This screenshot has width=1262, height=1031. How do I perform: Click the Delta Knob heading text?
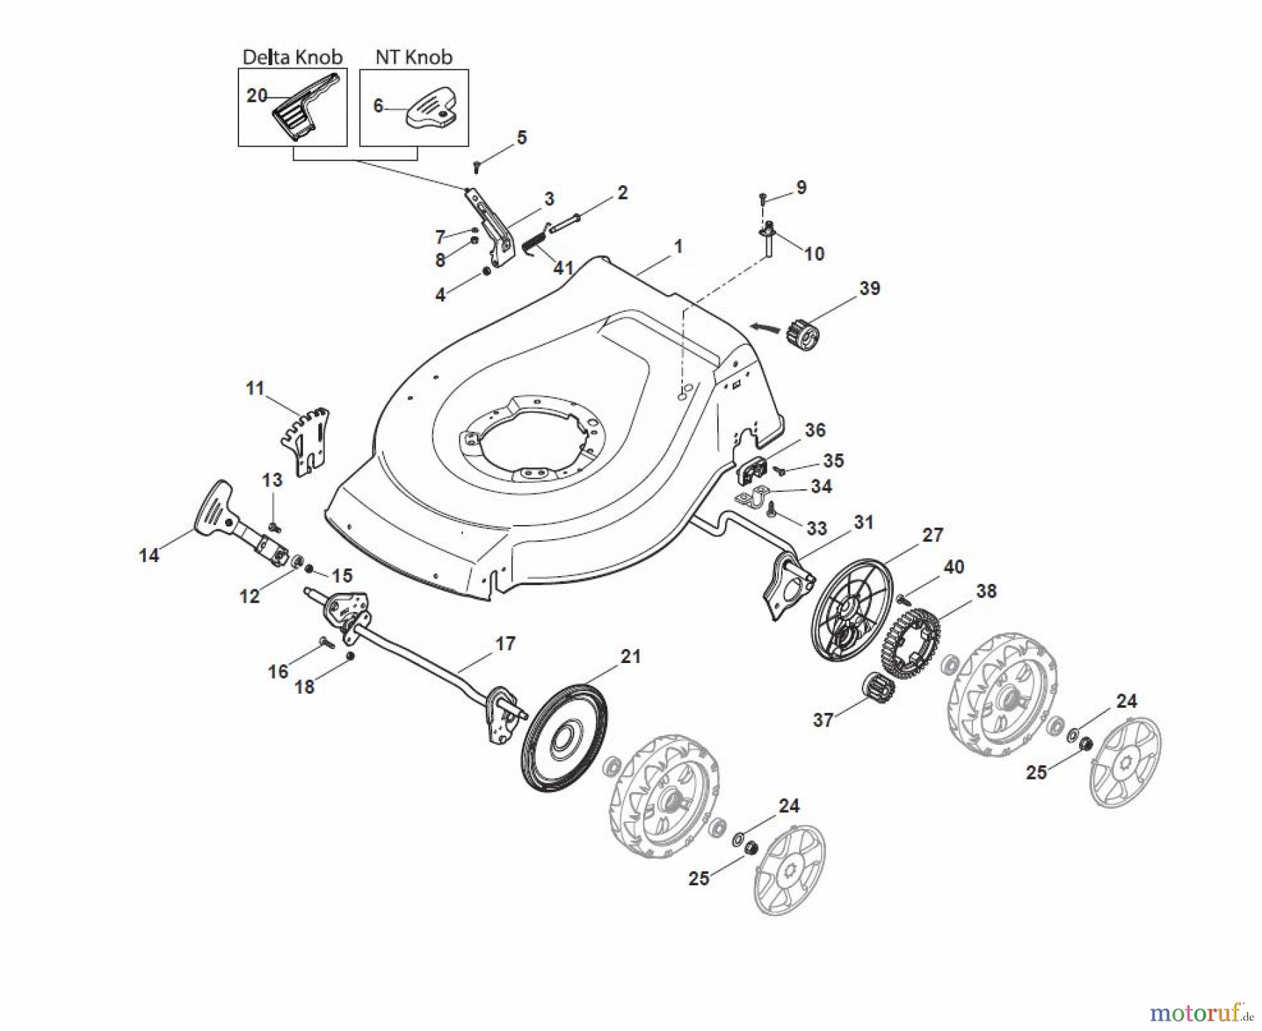tap(292, 57)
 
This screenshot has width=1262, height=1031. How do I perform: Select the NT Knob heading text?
tap(414, 57)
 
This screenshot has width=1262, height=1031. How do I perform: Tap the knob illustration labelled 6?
tap(430, 109)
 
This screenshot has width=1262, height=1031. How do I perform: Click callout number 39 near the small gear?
tap(869, 289)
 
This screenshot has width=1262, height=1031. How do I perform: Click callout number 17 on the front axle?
tap(505, 643)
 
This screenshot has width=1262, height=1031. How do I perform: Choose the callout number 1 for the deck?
tap(677, 247)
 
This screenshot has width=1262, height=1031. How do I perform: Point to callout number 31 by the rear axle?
tap(864, 522)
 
